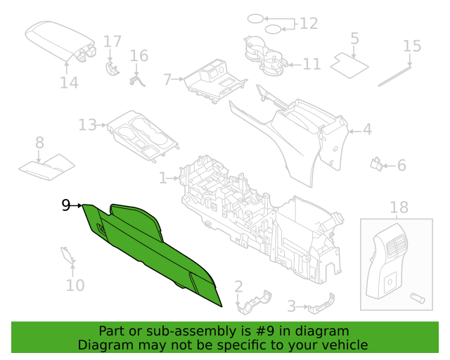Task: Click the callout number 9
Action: pyautogui.click(x=66, y=205)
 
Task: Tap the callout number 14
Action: pyautogui.click(x=69, y=83)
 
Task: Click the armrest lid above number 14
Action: pyautogui.click(x=60, y=40)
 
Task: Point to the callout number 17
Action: pyautogui.click(x=112, y=41)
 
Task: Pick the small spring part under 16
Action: pyautogui.click(x=137, y=80)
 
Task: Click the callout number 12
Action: pyautogui.click(x=309, y=23)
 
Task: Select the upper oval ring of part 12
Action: pyautogui.click(x=256, y=19)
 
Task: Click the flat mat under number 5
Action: pyautogui.click(x=349, y=65)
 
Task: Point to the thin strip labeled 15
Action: pyautogui.click(x=394, y=76)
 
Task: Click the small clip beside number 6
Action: pyautogui.click(x=377, y=165)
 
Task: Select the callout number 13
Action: pyautogui.click(x=87, y=125)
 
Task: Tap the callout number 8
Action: pyautogui.click(x=39, y=143)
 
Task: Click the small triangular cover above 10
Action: pyautogui.click(x=68, y=255)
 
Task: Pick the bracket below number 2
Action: pyautogui.click(x=254, y=303)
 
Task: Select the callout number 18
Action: pyautogui.click(x=399, y=207)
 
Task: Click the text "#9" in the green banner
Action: pyautogui.click(x=264, y=331)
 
